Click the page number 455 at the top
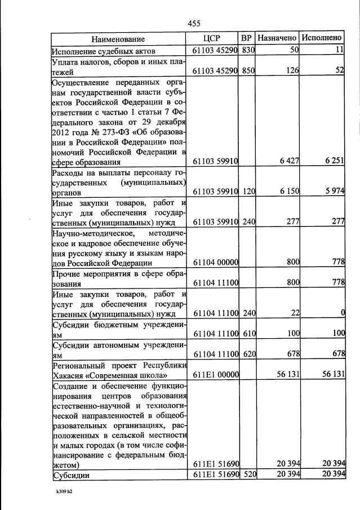click(194, 23)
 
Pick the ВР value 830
click(248, 51)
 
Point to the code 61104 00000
click(216, 262)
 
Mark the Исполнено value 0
click(343, 314)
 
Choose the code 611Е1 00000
click(216, 375)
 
